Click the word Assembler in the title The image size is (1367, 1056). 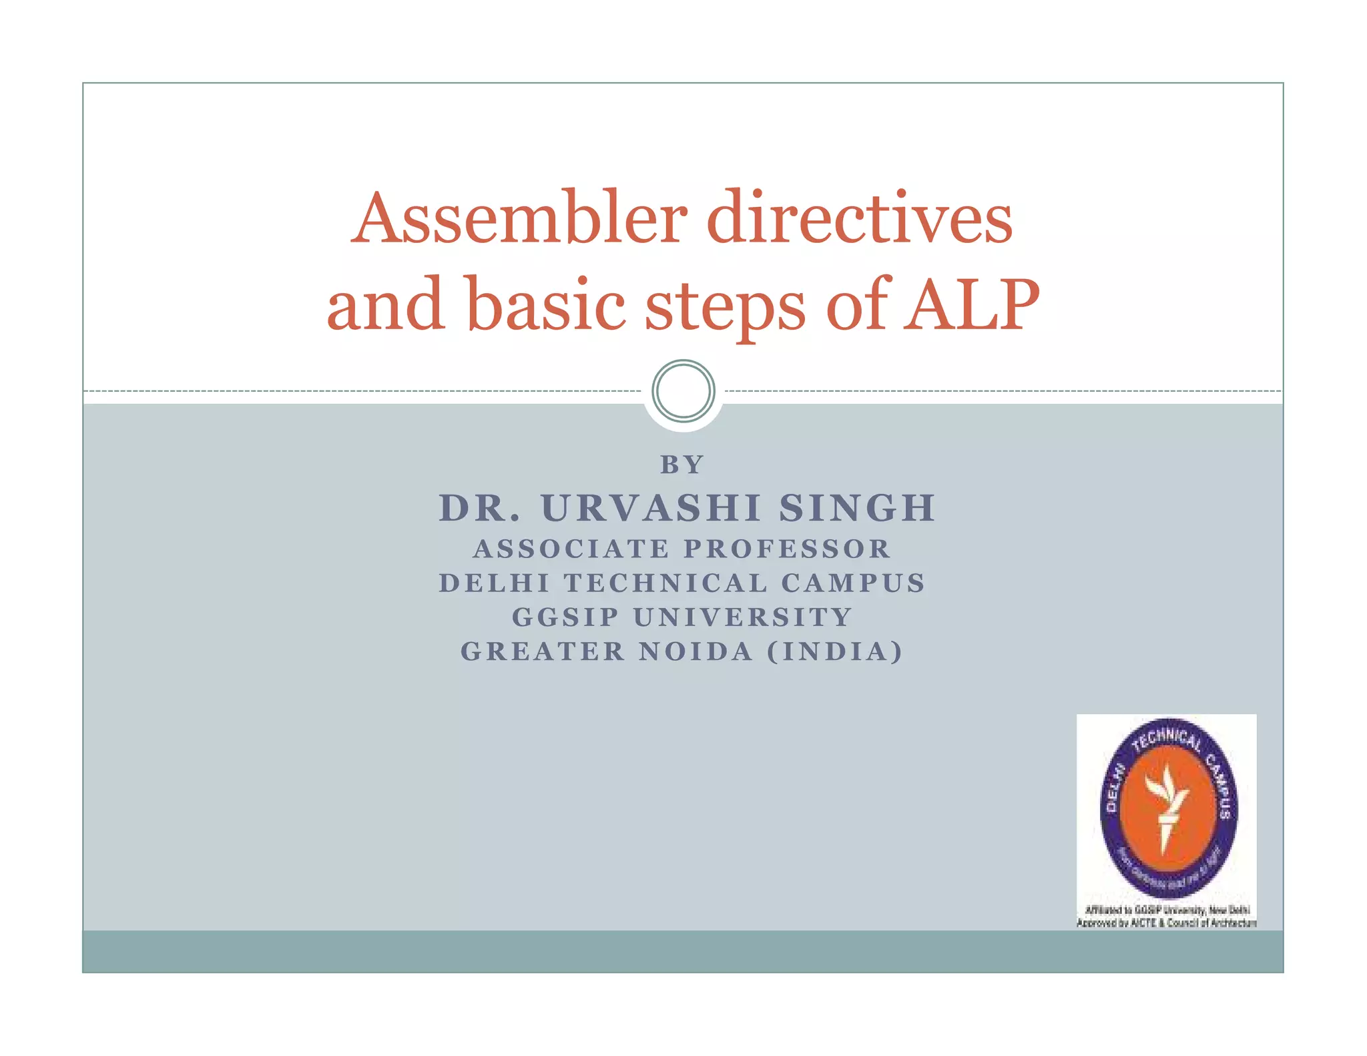click(519, 218)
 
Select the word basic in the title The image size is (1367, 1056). click(546, 304)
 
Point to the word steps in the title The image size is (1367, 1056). click(725, 307)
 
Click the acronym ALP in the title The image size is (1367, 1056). click(971, 304)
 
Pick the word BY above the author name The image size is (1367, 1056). click(682, 465)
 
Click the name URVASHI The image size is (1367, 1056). click(651, 508)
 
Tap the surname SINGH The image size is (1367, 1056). click(857, 508)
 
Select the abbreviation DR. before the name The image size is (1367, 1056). click(479, 508)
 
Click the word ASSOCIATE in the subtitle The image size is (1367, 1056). click(571, 549)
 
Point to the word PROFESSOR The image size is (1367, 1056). click(788, 549)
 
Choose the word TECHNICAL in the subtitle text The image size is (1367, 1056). click(665, 583)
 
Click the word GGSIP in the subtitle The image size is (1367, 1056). click(565, 617)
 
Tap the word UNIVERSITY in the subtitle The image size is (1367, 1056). click(743, 617)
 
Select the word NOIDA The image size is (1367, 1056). click(696, 651)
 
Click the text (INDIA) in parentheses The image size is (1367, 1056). click(835, 651)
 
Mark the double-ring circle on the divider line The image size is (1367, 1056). click(683, 391)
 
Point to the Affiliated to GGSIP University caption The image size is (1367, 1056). click(1167, 910)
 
